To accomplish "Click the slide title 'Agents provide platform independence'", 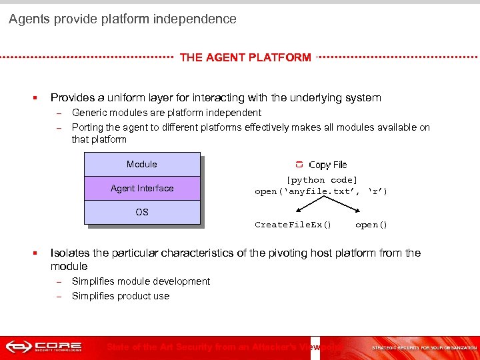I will coord(122,19).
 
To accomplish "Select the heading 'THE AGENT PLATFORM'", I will coord(245,57).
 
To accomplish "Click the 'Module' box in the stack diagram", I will coord(142,164).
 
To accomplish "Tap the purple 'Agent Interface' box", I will coord(142,189).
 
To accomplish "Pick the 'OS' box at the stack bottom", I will coord(142,212).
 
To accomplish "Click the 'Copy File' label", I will coord(327,165).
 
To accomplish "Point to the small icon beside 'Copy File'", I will coord(299,165).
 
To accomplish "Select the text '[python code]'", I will coord(321,180).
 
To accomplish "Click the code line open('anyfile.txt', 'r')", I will coord(321,191).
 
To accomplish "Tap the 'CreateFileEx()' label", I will coord(293,225).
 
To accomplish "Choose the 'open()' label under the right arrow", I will coord(371,225).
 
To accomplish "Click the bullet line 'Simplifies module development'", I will coord(141,281).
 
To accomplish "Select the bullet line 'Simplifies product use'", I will coord(121,296).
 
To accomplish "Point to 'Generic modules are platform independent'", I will coord(167,113).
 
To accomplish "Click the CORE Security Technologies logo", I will coord(44,347).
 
